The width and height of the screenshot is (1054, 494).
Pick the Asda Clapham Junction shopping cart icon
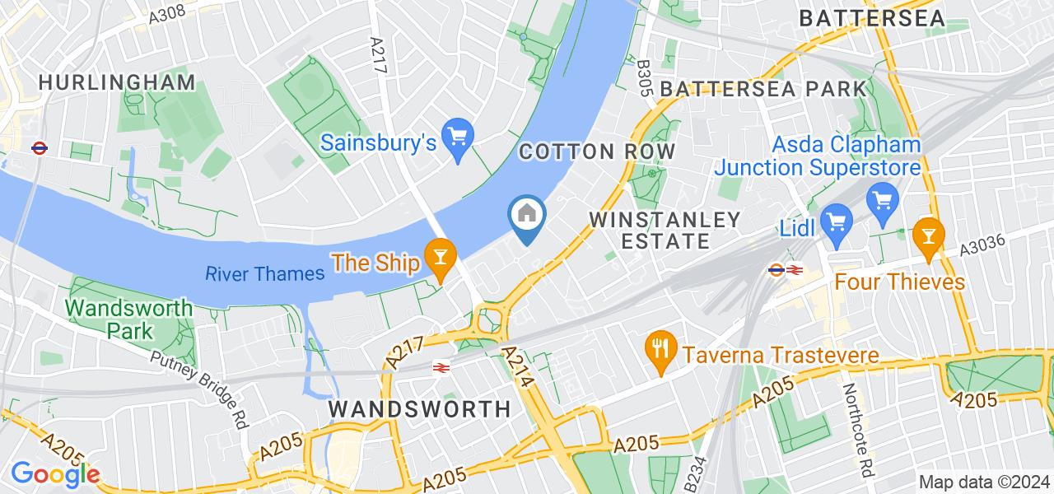(883, 199)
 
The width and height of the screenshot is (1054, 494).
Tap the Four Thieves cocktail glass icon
(928, 235)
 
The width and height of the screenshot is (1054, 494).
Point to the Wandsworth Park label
(128, 319)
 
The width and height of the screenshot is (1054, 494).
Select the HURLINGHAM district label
(116, 82)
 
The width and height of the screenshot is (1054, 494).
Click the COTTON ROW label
(597, 151)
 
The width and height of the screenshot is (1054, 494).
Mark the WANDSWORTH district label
(419, 408)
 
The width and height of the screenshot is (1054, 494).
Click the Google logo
(54, 474)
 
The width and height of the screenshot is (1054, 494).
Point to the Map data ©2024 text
(984, 482)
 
